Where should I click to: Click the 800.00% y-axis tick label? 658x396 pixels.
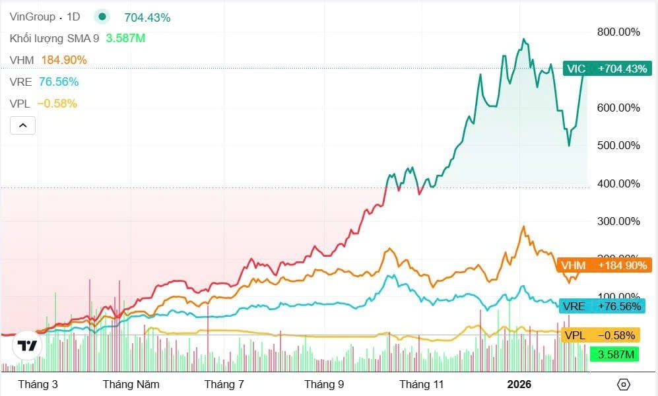(x=618, y=32)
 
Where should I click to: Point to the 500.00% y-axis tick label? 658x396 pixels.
(x=618, y=145)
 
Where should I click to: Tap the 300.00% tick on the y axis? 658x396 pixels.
(x=618, y=221)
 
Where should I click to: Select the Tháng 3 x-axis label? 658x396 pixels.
(x=38, y=384)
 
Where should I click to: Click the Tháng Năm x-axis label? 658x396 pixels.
(x=131, y=384)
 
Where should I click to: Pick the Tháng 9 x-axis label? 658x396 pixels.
(x=324, y=384)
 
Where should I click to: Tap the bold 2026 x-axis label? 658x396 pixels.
(x=519, y=384)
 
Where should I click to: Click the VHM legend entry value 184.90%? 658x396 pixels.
(x=64, y=60)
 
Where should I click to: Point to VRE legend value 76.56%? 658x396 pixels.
(x=59, y=82)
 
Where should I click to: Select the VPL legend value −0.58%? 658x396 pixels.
(x=57, y=104)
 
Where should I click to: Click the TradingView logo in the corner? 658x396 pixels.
(x=27, y=346)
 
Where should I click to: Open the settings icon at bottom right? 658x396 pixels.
(x=623, y=384)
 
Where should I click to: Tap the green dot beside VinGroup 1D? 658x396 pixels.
(x=102, y=17)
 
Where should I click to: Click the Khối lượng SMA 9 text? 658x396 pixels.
(x=54, y=38)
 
